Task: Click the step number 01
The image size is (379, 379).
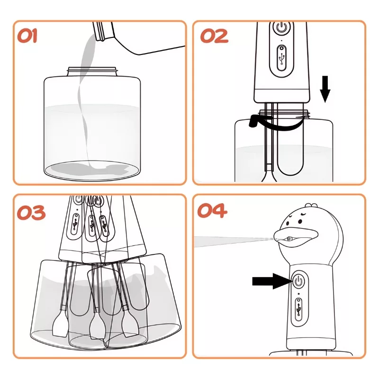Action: [27, 36]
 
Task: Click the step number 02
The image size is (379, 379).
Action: [214, 36]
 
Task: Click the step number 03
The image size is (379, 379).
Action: [31, 213]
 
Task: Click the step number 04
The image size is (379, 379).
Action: [212, 210]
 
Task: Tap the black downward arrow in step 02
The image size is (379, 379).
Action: [325, 89]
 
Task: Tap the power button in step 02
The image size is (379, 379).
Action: [281, 27]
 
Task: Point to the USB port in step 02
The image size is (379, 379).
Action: [281, 58]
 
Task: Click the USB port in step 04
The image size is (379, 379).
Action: [298, 310]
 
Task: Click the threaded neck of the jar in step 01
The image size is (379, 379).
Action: [93, 72]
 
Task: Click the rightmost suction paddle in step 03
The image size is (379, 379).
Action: [131, 325]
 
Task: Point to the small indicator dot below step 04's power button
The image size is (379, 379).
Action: [299, 294]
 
